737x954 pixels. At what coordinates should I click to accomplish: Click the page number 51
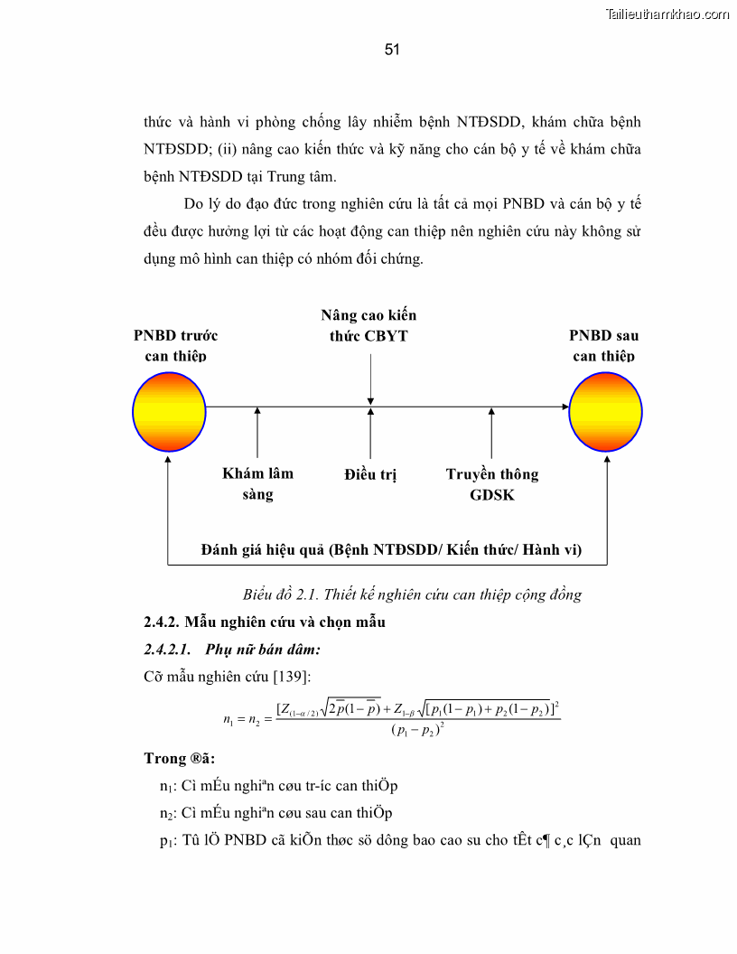pyautogui.click(x=392, y=50)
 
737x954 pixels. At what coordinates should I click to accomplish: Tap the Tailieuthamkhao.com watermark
pyautogui.click(x=667, y=14)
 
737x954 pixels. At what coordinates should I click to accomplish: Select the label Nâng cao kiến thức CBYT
pyautogui.click(x=369, y=326)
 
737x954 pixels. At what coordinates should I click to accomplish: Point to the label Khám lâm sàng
pyautogui.click(x=257, y=483)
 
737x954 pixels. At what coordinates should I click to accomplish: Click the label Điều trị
pyautogui.click(x=370, y=474)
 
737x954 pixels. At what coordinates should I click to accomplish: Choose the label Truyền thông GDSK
pyautogui.click(x=492, y=483)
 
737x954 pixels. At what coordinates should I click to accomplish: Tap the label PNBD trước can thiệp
pyautogui.click(x=175, y=345)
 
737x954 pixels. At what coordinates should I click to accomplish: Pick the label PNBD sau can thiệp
pyautogui.click(x=603, y=345)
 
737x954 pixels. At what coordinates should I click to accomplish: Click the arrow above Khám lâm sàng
pyautogui.click(x=257, y=434)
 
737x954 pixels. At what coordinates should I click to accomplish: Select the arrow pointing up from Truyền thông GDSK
pyautogui.click(x=491, y=434)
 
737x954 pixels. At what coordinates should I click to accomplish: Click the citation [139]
pyautogui.click(x=290, y=675)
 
